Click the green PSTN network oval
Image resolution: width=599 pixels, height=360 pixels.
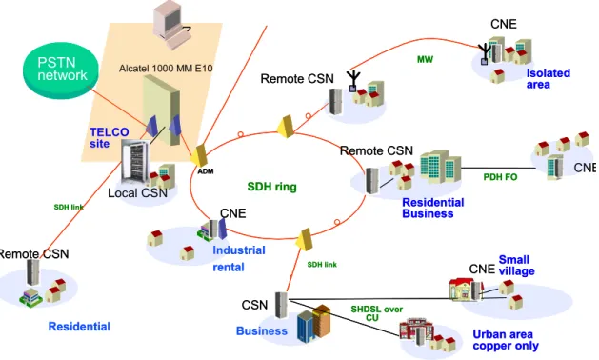61,70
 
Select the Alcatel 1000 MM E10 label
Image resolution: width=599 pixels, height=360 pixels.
166,69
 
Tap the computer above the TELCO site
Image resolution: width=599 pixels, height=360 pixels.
171,25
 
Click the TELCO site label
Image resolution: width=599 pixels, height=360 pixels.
110,137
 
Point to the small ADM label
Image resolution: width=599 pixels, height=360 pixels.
206,171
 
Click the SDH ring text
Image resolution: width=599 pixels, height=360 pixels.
271,187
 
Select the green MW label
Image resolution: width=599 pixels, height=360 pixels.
425,59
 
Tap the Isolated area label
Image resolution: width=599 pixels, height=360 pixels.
549,78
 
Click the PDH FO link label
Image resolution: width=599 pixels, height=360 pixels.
500,177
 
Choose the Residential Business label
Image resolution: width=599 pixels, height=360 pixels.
433,208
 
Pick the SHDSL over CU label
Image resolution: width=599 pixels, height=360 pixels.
377,313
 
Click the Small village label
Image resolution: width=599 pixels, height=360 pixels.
516,265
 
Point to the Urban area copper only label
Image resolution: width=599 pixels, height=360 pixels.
506,340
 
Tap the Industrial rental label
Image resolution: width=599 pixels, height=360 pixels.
239,258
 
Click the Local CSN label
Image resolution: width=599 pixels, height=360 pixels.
137,192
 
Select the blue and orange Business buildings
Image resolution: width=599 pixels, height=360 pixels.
313,323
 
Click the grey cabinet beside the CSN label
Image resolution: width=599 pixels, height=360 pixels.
281,305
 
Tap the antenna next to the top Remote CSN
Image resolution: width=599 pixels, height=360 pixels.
353,81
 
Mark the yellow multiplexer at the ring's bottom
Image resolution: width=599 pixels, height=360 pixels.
305,239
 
